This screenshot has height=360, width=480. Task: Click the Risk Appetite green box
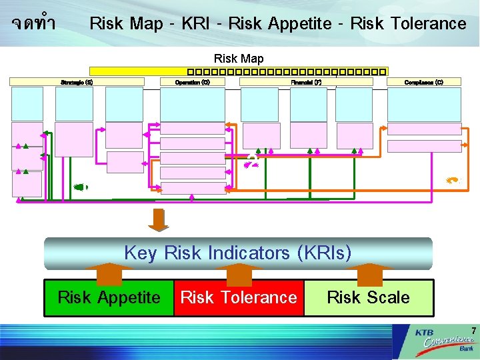coord(109,297)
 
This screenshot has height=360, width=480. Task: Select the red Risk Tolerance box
coord(239,297)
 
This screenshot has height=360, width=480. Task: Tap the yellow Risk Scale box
coord(368,297)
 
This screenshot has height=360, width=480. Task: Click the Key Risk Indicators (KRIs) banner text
coord(238,253)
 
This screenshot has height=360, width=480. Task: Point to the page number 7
coord(473,331)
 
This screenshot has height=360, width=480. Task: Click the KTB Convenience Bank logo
coord(444,341)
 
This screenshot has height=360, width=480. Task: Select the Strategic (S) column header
coord(77,82)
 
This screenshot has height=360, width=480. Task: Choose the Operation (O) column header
coord(193,82)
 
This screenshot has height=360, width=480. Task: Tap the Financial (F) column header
coord(306,82)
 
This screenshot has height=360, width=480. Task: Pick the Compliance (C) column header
coord(424,82)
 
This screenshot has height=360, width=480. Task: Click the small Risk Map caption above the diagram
coord(238,59)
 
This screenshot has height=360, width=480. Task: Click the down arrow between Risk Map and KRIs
coord(159,220)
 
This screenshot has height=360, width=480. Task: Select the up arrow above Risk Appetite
coord(109,273)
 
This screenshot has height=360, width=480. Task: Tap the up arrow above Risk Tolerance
coord(239,273)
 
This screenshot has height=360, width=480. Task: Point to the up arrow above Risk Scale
coord(368,273)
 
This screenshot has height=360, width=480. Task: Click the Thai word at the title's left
coord(33,24)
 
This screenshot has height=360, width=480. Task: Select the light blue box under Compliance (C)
coord(424,104)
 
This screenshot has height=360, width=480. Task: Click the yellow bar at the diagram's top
coord(238,70)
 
